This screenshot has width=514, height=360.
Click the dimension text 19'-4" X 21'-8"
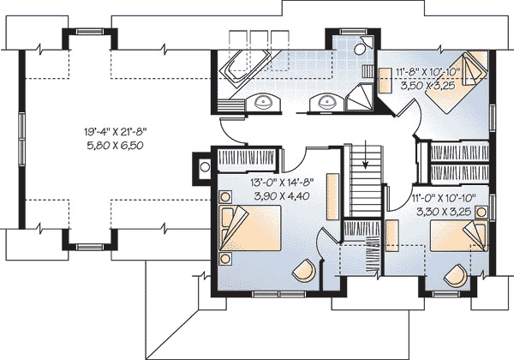tap(115, 132)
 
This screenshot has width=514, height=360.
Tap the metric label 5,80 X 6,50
tap(115, 145)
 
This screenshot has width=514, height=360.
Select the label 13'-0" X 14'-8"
tap(282, 183)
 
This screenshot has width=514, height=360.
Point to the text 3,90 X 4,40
tap(282, 195)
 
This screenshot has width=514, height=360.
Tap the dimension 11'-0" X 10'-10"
tap(443, 198)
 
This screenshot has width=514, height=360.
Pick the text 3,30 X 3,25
tap(444, 212)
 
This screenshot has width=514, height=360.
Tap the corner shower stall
tap(360, 97)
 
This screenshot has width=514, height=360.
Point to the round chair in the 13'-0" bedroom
tap(303, 270)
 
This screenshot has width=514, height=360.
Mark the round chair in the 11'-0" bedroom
tap(456, 276)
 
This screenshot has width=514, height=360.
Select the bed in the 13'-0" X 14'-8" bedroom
tap(250, 228)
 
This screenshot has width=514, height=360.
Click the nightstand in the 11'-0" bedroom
tap(481, 212)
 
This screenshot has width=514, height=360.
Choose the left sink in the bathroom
tap(263, 102)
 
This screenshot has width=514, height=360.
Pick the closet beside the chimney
tap(247, 159)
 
